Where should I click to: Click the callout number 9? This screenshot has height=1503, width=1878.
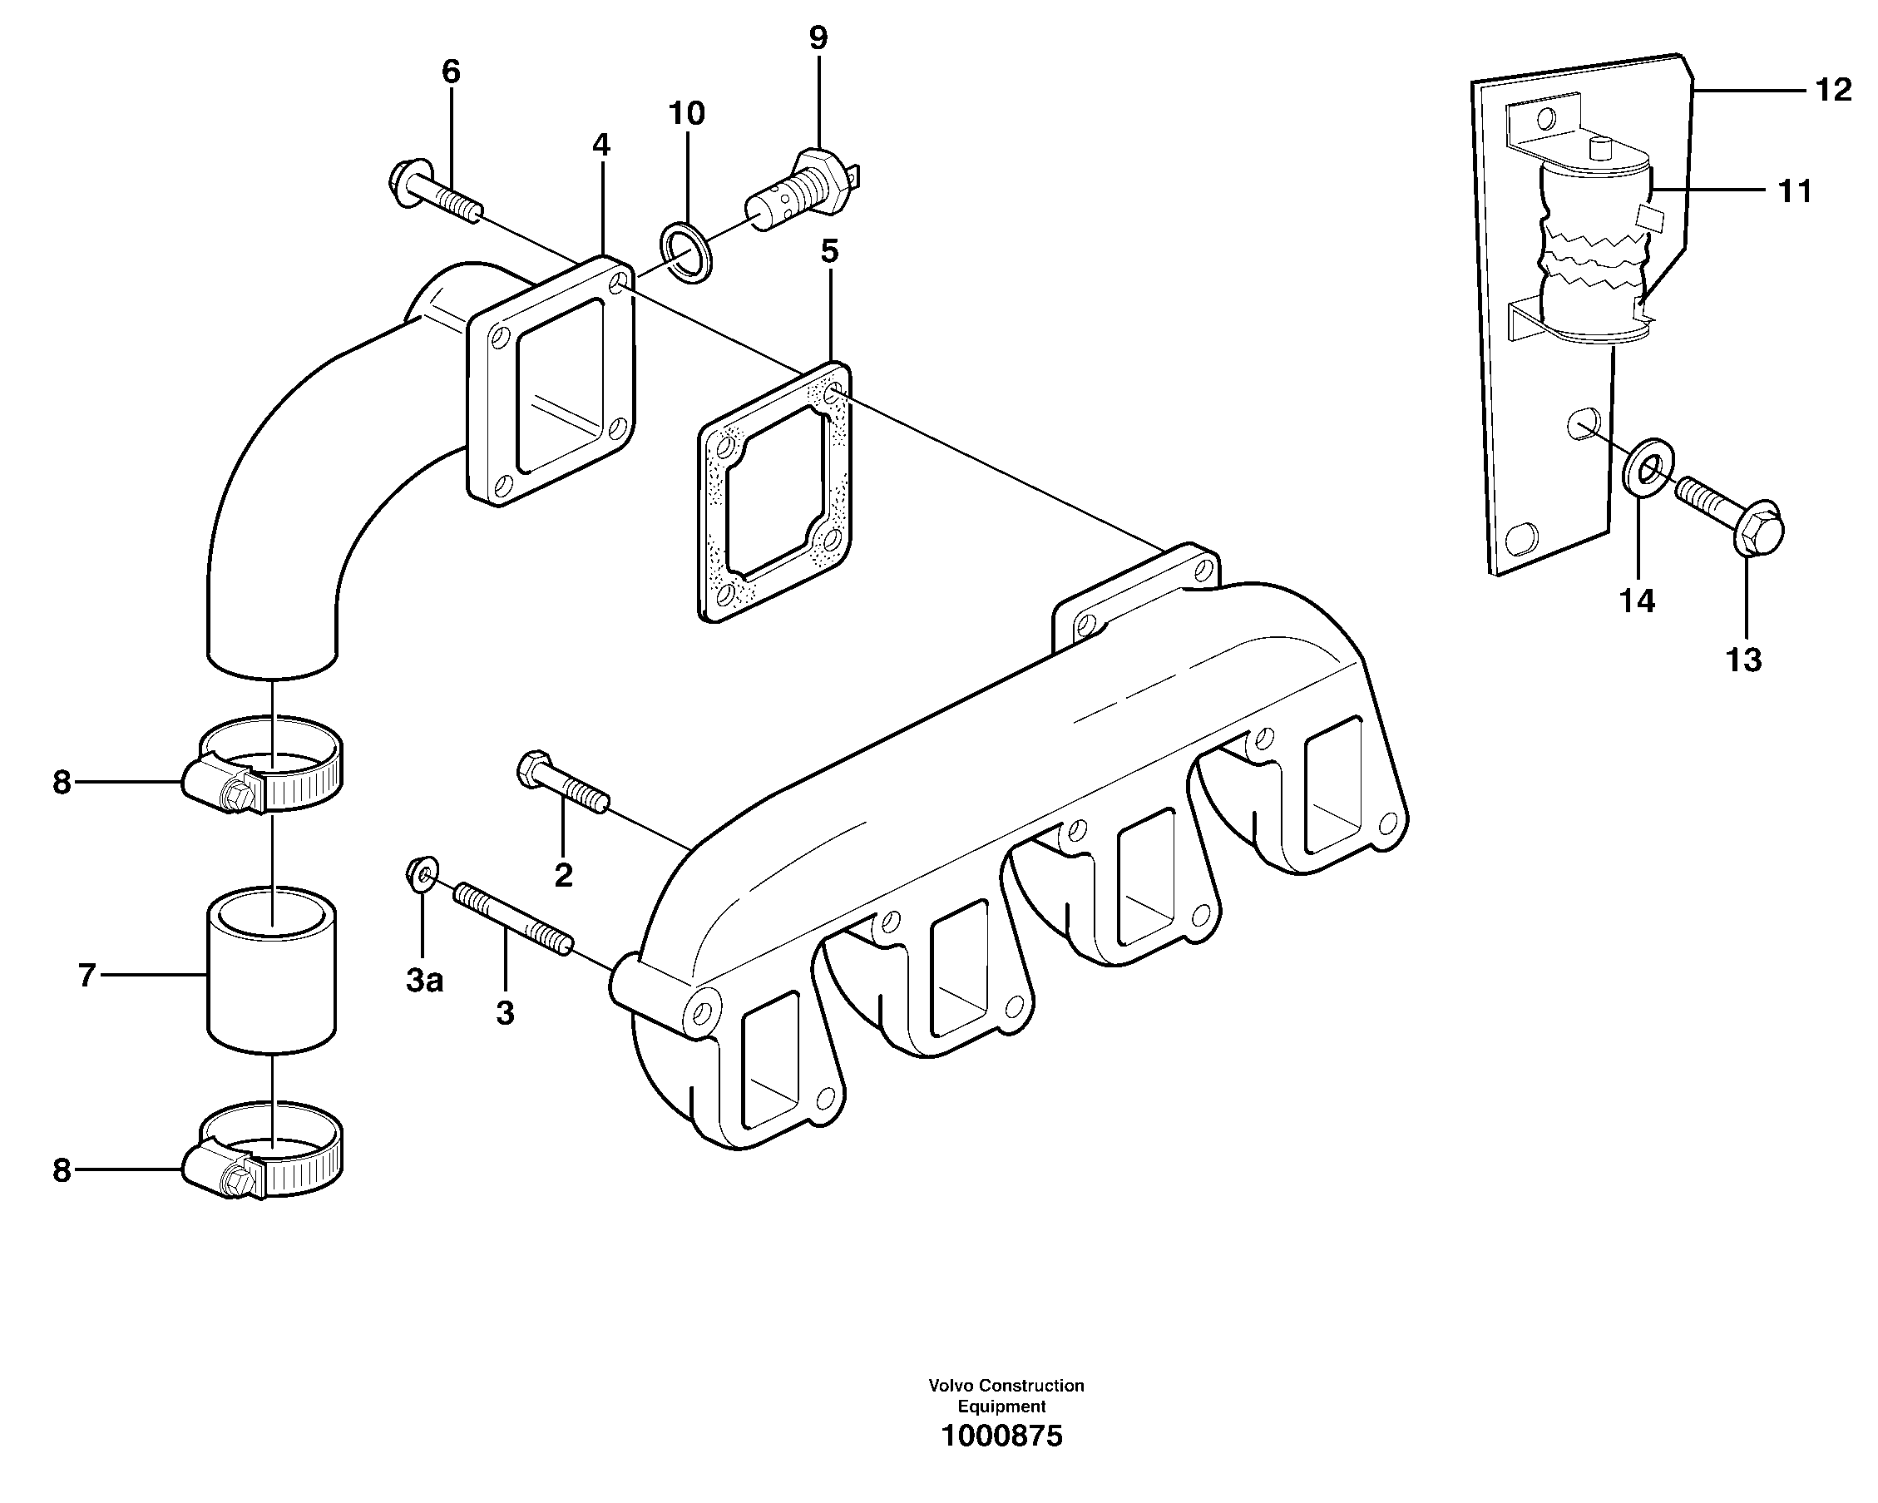pyautogui.click(x=818, y=38)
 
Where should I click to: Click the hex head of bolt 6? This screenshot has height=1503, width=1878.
pyautogui.click(x=404, y=185)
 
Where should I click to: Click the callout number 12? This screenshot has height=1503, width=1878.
pyautogui.click(x=1834, y=90)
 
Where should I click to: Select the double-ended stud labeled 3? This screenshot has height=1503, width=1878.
pyautogui.click(x=512, y=920)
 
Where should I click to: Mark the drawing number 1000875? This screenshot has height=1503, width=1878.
pyautogui.click(x=1001, y=1436)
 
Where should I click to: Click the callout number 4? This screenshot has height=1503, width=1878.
pyautogui.click(x=601, y=146)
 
